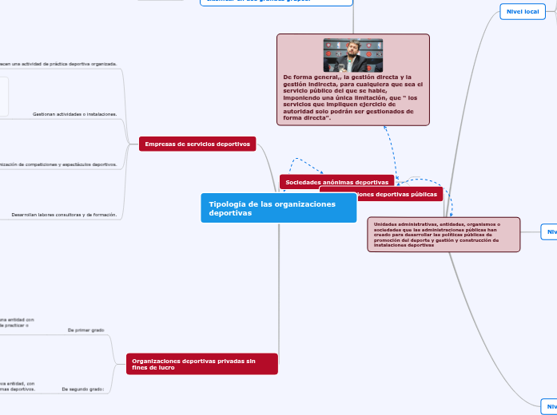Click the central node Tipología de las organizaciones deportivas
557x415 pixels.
(278, 207)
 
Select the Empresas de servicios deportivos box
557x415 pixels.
(197, 144)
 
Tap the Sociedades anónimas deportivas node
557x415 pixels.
(336, 183)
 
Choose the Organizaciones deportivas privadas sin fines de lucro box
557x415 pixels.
(201, 364)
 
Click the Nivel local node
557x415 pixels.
(522, 12)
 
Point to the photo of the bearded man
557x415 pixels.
(352, 55)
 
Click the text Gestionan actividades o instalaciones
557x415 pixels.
(75, 114)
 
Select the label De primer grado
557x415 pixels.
(86, 330)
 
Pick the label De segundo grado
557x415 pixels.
(83, 389)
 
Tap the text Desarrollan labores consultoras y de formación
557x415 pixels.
(64, 215)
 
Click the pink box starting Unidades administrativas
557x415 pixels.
(443, 235)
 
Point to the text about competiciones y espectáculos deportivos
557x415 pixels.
(60, 164)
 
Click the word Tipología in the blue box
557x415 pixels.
(226, 204)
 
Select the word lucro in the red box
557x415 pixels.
(166, 368)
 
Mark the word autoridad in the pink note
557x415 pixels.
(304, 111)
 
